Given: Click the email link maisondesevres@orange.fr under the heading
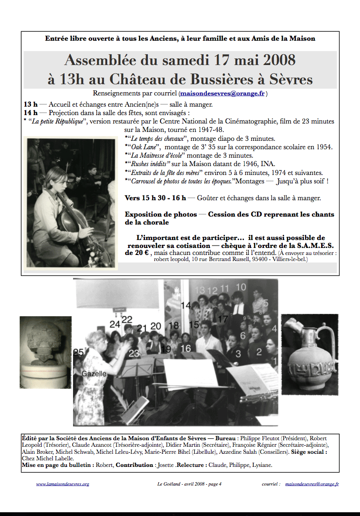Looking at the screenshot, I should pyautogui.click(x=223, y=93).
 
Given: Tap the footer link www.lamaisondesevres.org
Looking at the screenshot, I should pyautogui.click(x=62, y=484).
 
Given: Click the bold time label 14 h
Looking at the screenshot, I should pyautogui.click(x=30, y=113).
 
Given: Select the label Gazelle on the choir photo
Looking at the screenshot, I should pyautogui.click(x=94, y=374).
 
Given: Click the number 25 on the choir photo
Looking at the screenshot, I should pyautogui.click(x=78, y=352).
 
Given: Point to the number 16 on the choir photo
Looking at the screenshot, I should pyautogui.click(x=186, y=348).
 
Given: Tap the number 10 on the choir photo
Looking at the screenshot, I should pyautogui.click(x=241, y=287).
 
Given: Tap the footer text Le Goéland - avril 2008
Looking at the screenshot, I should pyautogui.click(x=183, y=484).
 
